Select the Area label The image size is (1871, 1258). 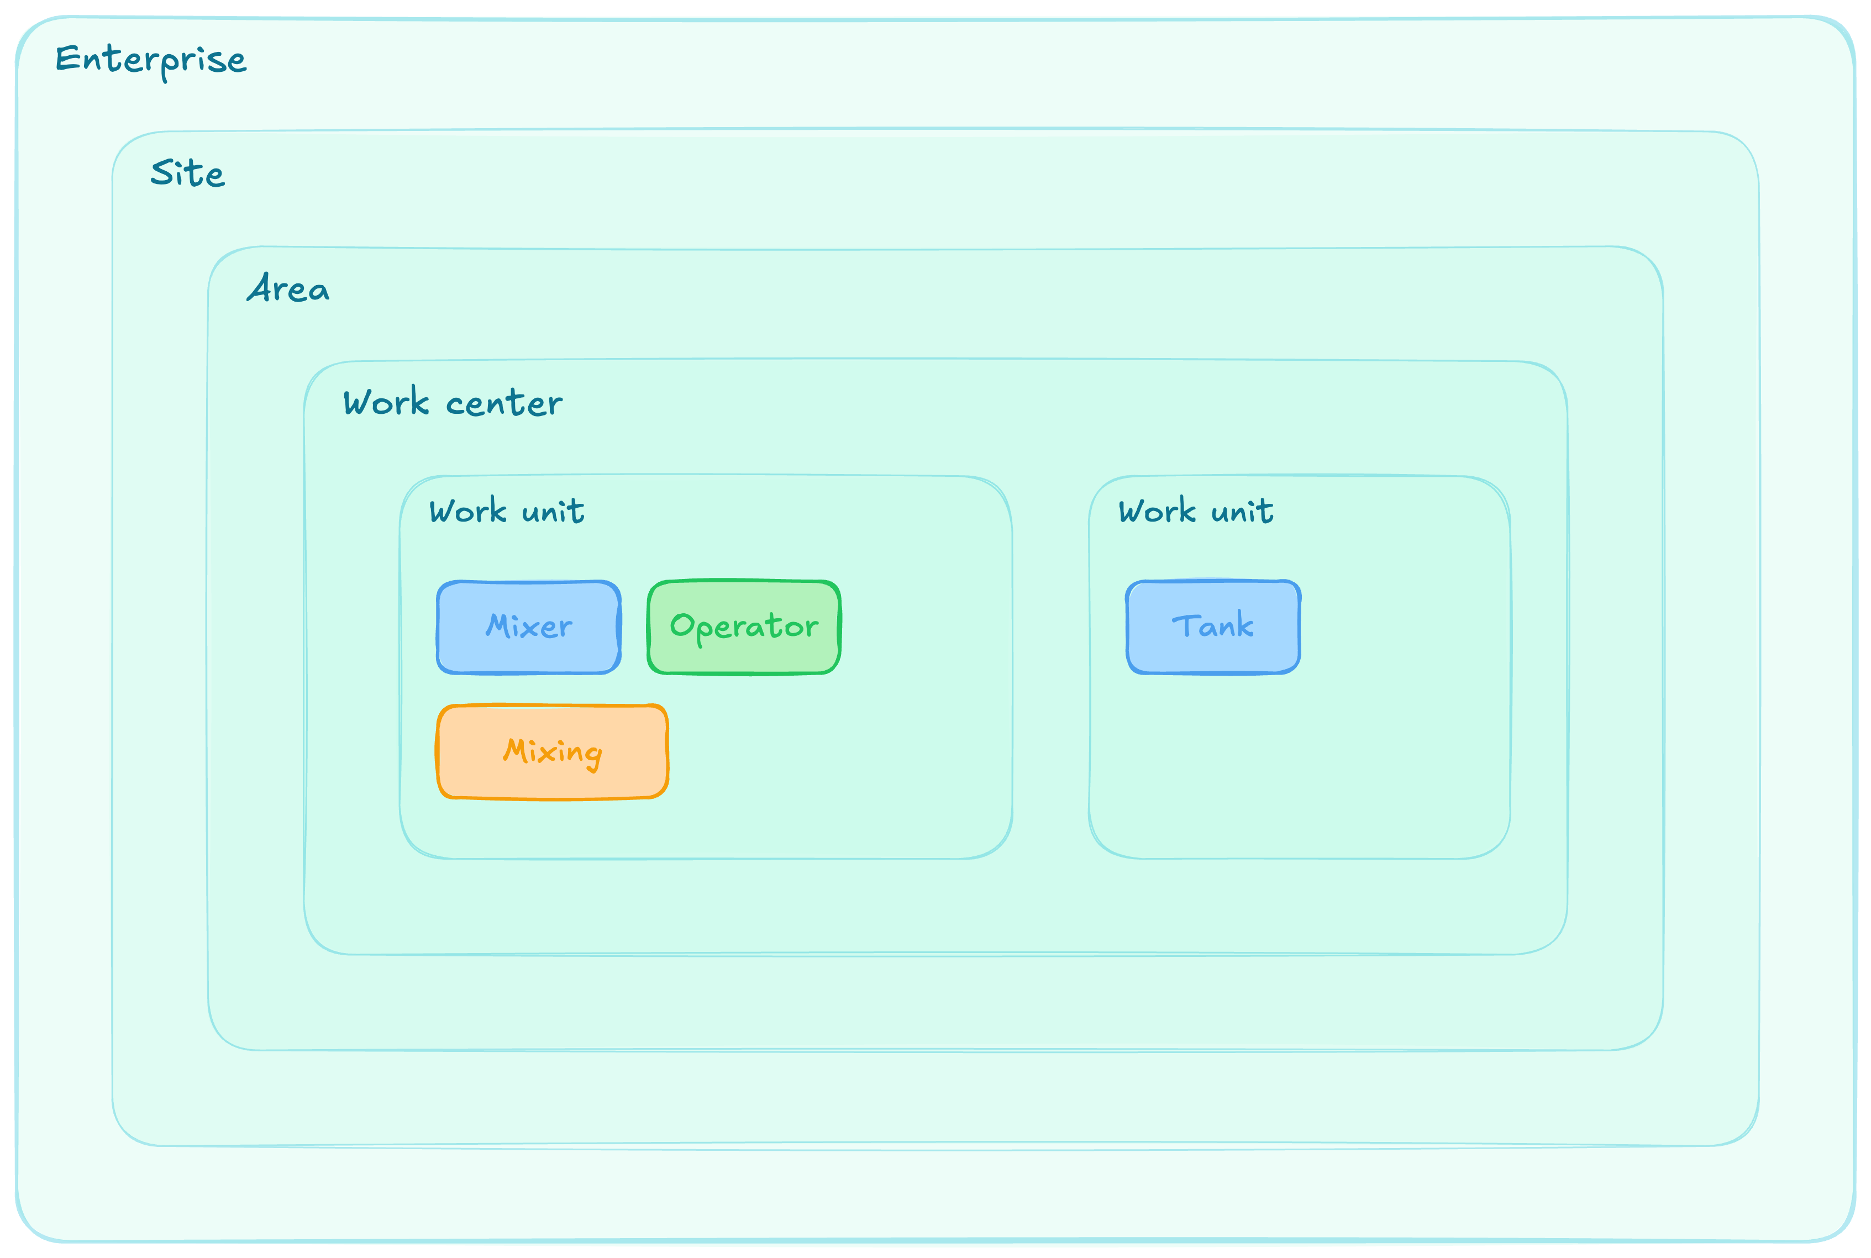pyautogui.click(x=287, y=287)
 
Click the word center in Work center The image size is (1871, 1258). pyautogui.click(x=504, y=403)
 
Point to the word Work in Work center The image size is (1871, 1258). pyautogui.click(x=387, y=401)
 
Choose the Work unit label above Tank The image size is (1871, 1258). pyautogui.click(x=1196, y=510)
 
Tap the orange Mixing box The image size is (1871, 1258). pyautogui.click(x=553, y=752)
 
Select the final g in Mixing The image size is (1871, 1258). pyautogui.click(x=592, y=756)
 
